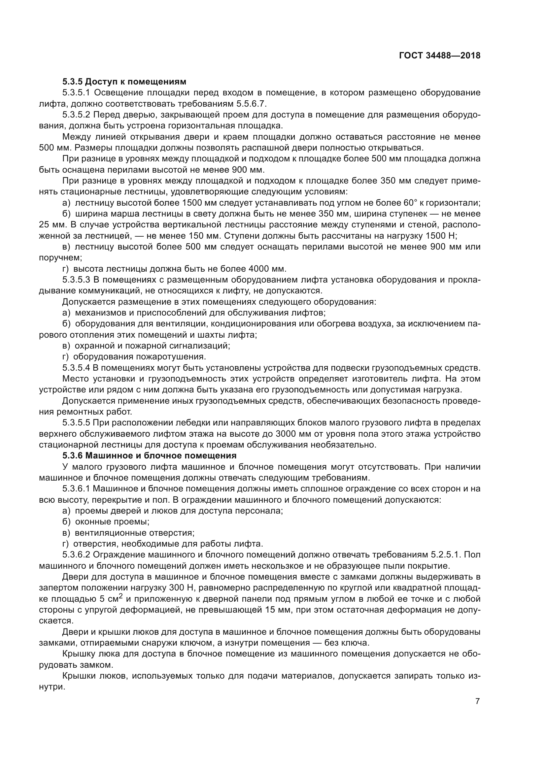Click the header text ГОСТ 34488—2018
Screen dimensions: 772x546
click(x=439, y=56)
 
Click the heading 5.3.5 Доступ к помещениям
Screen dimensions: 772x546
click(x=124, y=82)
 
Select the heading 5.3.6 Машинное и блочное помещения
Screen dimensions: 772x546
click(x=149, y=455)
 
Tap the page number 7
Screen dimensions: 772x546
click(x=477, y=701)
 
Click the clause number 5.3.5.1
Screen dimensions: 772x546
click(x=76, y=93)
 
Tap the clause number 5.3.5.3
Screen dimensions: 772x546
click(x=76, y=280)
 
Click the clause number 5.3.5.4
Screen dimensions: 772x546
click(x=76, y=368)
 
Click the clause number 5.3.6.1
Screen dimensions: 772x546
click(x=76, y=488)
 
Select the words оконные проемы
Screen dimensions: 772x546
click(x=112, y=522)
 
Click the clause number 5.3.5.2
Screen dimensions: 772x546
click(x=76, y=115)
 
